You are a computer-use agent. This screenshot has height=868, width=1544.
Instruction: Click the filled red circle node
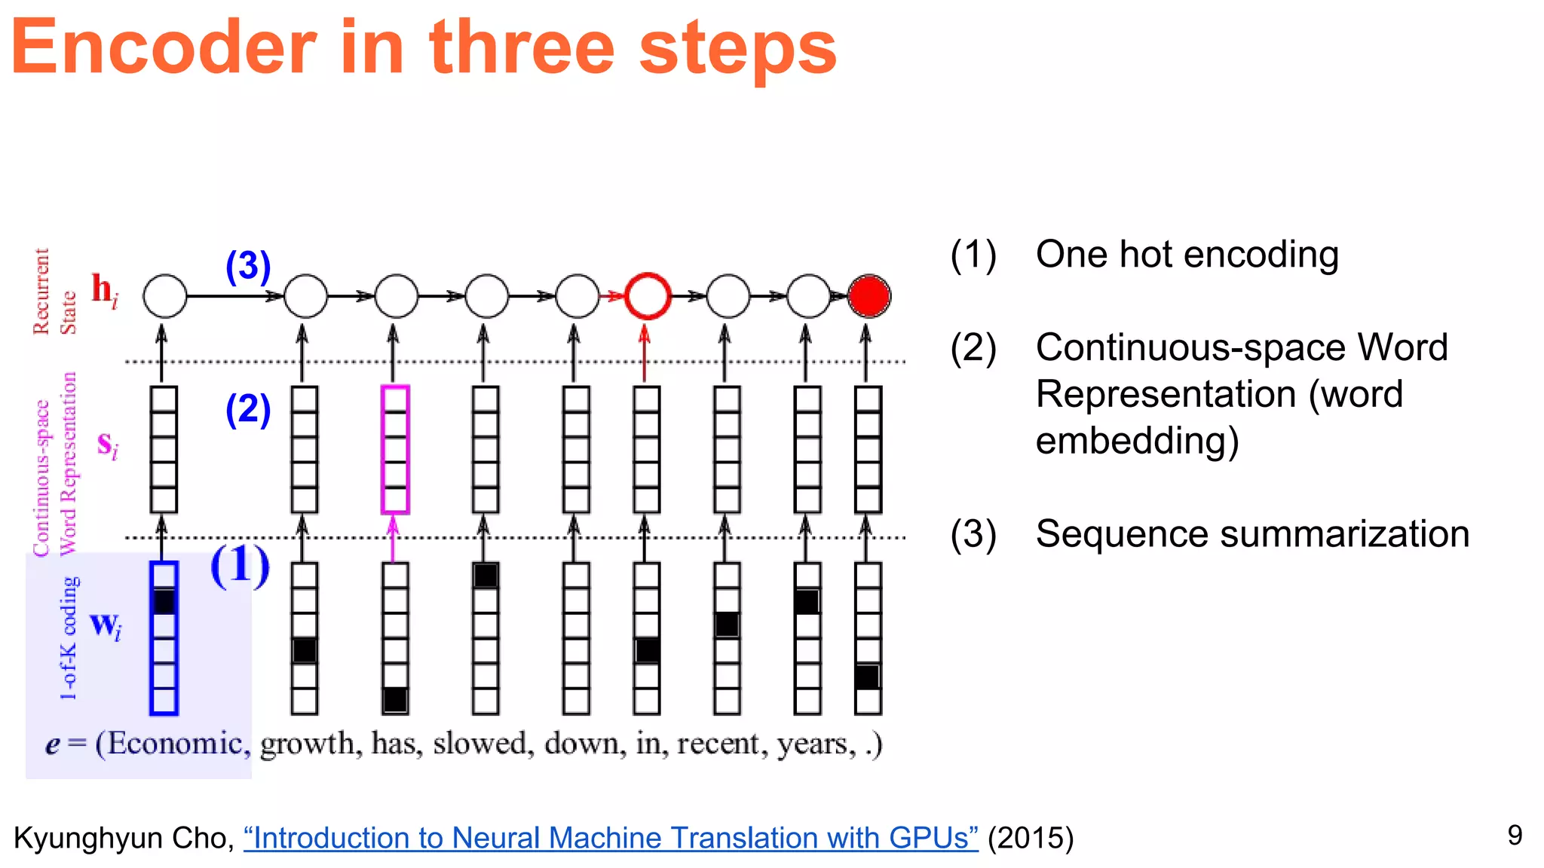point(868,296)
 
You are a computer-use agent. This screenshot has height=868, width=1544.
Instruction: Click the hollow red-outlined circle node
point(648,296)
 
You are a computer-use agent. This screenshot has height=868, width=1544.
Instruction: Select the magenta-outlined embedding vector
point(395,450)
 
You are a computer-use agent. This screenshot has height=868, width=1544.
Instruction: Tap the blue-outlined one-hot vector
point(164,637)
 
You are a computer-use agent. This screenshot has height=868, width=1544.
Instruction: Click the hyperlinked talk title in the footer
point(611,838)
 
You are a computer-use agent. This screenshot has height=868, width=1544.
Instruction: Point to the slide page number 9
point(1515,835)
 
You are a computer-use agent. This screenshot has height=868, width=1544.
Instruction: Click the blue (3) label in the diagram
point(248,266)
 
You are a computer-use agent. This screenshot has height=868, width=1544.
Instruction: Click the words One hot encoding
point(1187,255)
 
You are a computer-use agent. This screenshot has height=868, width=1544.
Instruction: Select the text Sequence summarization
point(1251,534)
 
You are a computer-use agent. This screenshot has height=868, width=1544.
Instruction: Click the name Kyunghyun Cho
point(121,839)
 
